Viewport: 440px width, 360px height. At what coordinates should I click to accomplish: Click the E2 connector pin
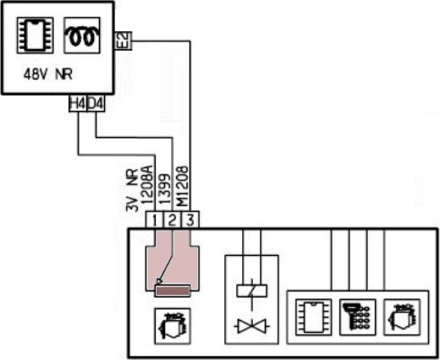124,41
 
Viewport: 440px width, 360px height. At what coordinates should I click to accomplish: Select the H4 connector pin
78,103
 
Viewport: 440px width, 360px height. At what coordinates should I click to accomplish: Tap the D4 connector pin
96,103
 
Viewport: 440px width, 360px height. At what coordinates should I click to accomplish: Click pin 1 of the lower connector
155,219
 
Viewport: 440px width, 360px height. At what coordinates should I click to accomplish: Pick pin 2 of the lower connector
173,219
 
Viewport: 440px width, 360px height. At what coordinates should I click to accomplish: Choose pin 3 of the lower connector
190,219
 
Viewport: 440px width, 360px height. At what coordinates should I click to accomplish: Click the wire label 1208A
147,185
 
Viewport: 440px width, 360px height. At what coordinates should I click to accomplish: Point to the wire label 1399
165,189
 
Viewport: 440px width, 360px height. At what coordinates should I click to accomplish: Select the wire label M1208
182,186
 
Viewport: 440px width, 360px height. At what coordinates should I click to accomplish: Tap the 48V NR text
48,75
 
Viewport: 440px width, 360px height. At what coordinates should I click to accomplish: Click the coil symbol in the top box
82,36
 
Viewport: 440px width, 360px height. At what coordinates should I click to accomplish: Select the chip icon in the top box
36,36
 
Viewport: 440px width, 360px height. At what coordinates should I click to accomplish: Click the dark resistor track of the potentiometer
173,291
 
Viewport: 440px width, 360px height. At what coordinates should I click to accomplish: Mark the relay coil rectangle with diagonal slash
251,291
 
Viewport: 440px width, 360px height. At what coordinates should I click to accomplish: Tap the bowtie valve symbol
251,326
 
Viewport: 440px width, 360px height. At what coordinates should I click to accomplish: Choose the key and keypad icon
357,318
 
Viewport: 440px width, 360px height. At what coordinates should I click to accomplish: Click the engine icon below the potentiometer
173,326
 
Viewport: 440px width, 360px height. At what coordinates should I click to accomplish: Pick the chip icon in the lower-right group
314,318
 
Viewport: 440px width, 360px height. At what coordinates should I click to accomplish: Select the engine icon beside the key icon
402,318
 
